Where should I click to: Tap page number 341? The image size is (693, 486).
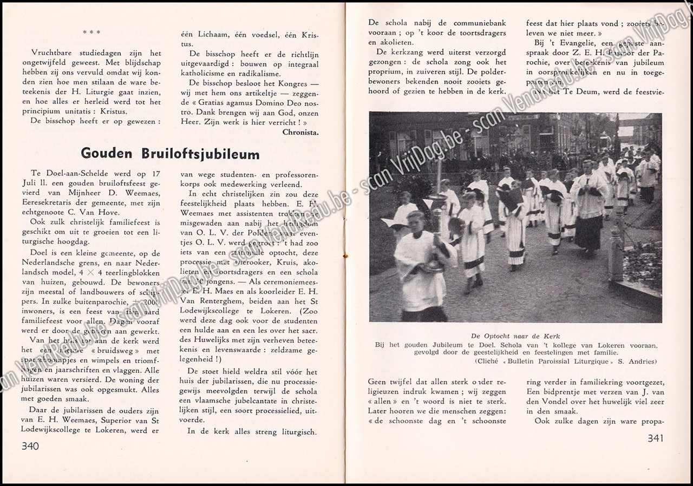tap(655, 438)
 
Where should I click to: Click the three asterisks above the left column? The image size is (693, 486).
tap(91, 32)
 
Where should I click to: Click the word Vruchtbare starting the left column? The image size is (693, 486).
tap(55, 53)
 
